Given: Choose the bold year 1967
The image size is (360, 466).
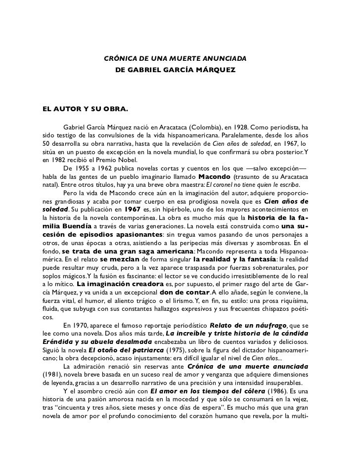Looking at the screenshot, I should pyautogui.click(x=132, y=209).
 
